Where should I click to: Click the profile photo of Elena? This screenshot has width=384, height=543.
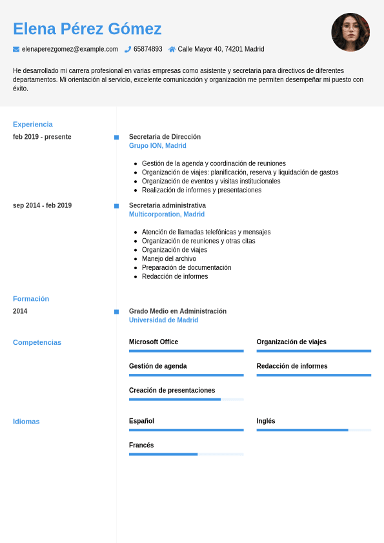click(x=350, y=32)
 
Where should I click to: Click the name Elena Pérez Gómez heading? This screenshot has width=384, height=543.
click(x=87, y=29)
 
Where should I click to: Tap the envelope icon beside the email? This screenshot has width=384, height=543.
click(x=16, y=49)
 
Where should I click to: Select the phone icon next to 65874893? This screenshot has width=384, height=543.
click(x=128, y=49)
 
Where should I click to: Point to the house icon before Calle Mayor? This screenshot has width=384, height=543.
click(x=172, y=49)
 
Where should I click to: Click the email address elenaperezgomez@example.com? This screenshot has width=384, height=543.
click(x=70, y=49)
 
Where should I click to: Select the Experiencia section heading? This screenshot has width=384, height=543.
click(x=33, y=124)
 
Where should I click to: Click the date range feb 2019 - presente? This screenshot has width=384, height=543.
click(x=42, y=137)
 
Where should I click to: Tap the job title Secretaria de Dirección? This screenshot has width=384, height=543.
click(x=165, y=137)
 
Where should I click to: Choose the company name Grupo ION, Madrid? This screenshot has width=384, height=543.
click(x=157, y=146)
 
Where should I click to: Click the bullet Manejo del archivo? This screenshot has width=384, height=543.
click(x=169, y=259)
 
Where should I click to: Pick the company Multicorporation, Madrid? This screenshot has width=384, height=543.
click(x=167, y=214)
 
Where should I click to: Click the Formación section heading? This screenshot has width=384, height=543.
click(x=31, y=299)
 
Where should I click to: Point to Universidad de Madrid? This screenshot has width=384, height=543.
click(x=163, y=320)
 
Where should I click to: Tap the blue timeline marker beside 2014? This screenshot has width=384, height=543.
click(x=116, y=312)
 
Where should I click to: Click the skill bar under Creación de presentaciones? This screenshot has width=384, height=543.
click(x=186, y=400)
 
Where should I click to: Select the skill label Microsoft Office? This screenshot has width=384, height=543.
click(x=154, y=342)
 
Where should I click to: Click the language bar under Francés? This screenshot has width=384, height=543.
click(x=186, y=455)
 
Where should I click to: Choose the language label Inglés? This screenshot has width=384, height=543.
click(x=266, y=421)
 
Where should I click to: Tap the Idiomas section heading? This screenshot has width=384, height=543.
click(x=26, y=422)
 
